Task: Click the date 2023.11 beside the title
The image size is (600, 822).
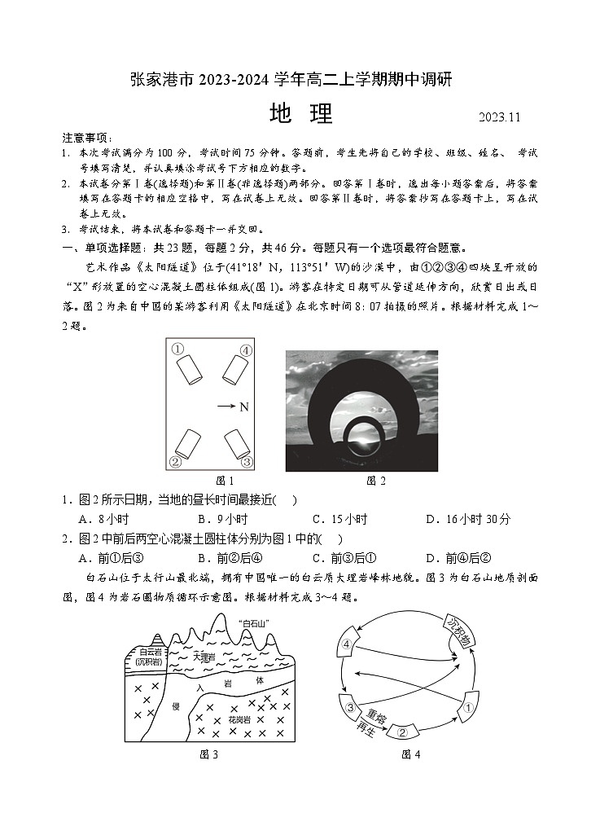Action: click(499, 116)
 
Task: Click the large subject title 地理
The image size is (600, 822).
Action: click(300, 114)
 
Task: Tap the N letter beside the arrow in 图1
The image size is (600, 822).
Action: click(243, 407)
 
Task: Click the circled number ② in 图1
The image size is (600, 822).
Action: click(174, 462)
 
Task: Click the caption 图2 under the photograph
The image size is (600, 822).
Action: click(376, 481)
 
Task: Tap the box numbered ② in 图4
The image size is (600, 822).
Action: click(401, 732)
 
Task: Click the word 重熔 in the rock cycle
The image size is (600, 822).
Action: click(375, 714)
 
